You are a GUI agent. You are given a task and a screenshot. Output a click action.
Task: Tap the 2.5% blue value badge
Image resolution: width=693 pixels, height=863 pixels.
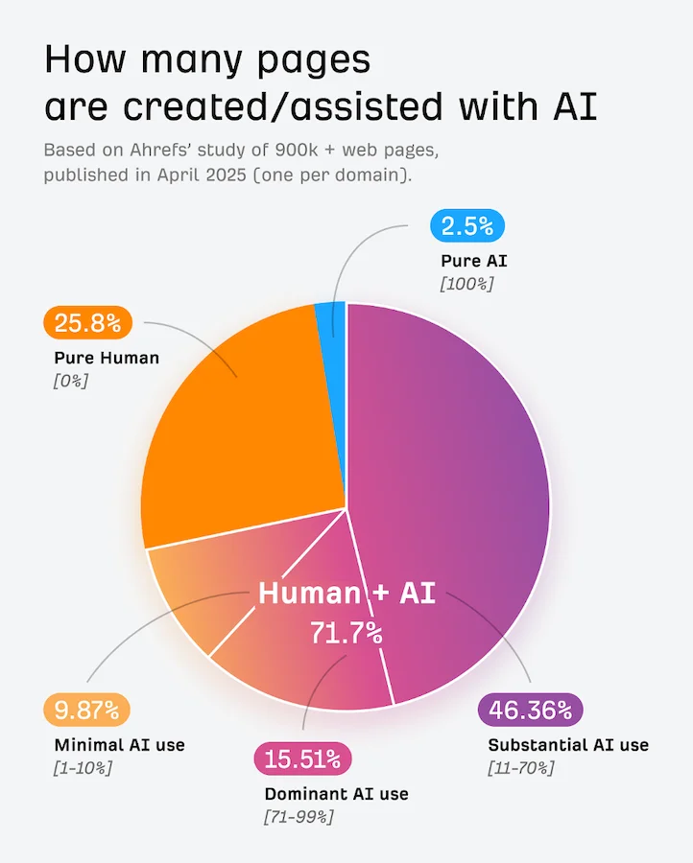pos(467,226)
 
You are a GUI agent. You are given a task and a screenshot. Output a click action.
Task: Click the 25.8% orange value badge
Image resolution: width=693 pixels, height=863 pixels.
pos(87,323)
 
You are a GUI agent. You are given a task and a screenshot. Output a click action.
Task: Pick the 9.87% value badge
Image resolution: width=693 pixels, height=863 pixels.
pos(86,711)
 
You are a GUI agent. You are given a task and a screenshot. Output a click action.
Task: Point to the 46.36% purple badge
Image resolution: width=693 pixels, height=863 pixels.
pos(530,711)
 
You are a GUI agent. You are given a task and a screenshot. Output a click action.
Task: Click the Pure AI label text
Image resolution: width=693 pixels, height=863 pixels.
pos(473,261)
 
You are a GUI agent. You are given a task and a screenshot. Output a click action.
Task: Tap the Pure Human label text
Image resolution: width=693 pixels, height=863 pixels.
pos(107,358)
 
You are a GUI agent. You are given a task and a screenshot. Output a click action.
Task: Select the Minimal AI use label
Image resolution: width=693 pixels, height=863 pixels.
pos(120,745)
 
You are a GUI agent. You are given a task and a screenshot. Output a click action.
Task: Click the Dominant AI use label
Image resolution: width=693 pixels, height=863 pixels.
pos(336,794)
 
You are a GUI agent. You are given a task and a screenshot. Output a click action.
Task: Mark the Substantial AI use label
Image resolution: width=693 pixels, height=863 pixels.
pos(568,745)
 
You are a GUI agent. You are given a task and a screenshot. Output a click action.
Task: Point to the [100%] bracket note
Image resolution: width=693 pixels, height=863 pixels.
pos(466,284)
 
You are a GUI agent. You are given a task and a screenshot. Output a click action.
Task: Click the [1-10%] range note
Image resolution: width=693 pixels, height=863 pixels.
pos(84,768)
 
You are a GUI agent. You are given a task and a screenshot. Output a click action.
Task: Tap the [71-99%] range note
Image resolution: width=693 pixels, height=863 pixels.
pos(299,817)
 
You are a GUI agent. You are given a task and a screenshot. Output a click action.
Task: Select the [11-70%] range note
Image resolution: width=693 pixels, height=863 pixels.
pos(521,768)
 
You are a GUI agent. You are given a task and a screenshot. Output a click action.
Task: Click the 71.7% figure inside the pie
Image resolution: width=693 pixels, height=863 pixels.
pos(346,634)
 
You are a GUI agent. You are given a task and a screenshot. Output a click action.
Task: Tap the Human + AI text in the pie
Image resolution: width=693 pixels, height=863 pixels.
pos(346,594)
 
